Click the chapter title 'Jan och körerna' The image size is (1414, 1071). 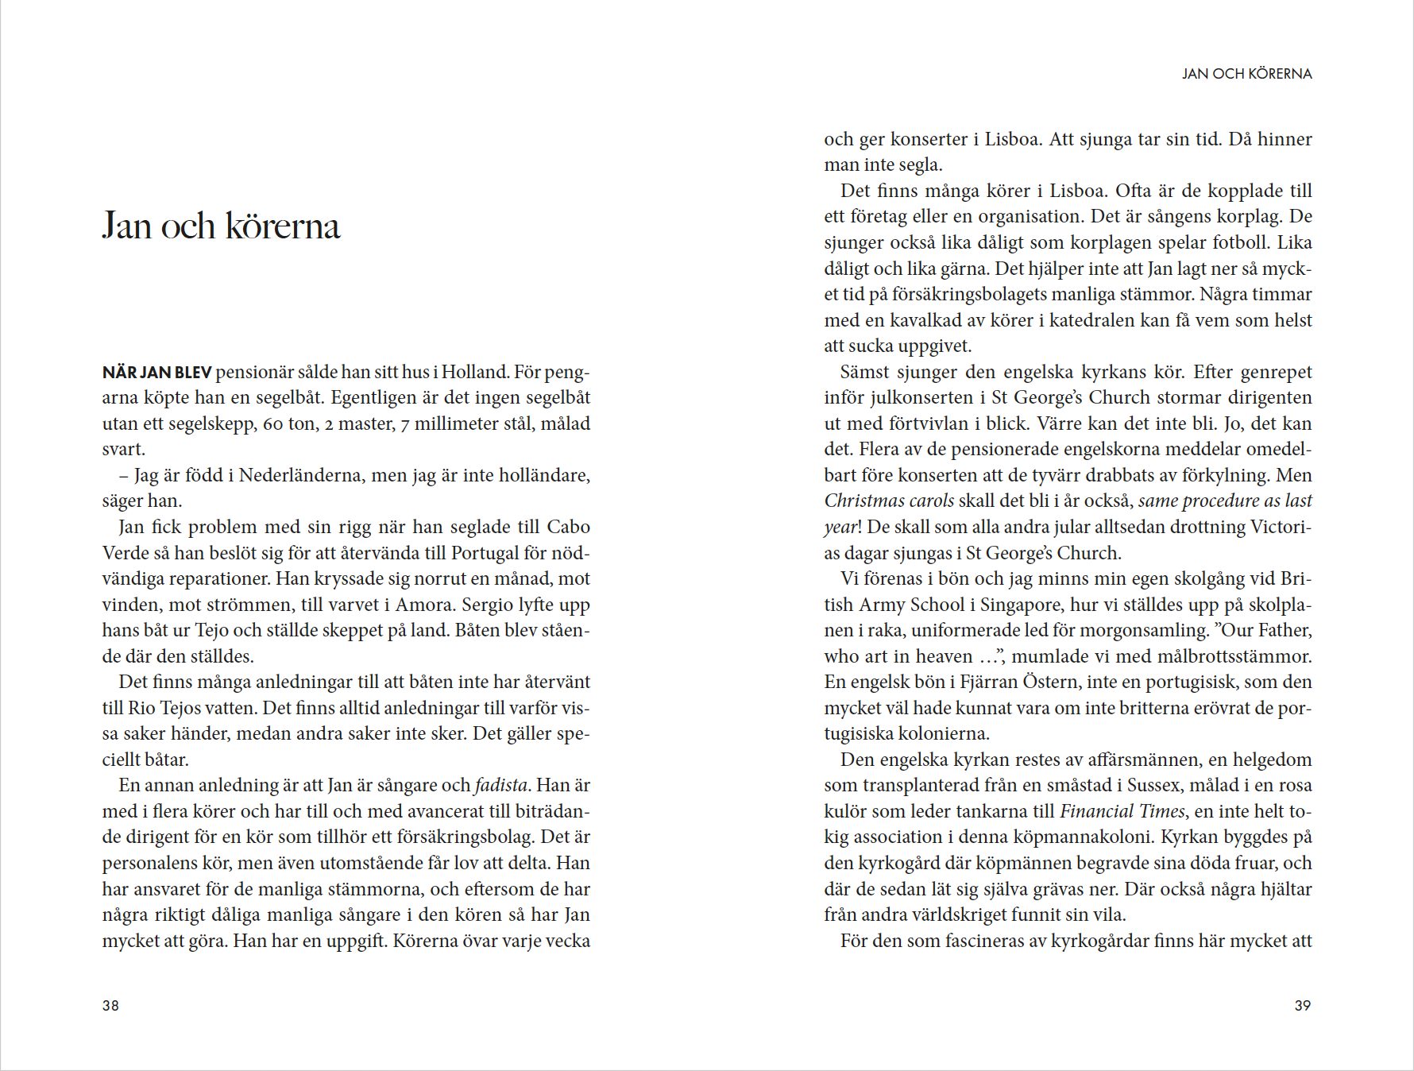pos(221,226)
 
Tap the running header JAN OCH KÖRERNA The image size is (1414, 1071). pos(1246,74)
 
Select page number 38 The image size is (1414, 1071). pos(110,1005)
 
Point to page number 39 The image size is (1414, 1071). pos(1303,1005)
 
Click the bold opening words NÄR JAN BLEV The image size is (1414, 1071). pos(156,372)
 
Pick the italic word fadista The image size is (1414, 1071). pos(500,785)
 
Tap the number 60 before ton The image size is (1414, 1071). pos(272,423)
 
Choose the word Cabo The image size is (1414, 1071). pos(569,527)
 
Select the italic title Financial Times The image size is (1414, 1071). pos(1122,811)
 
